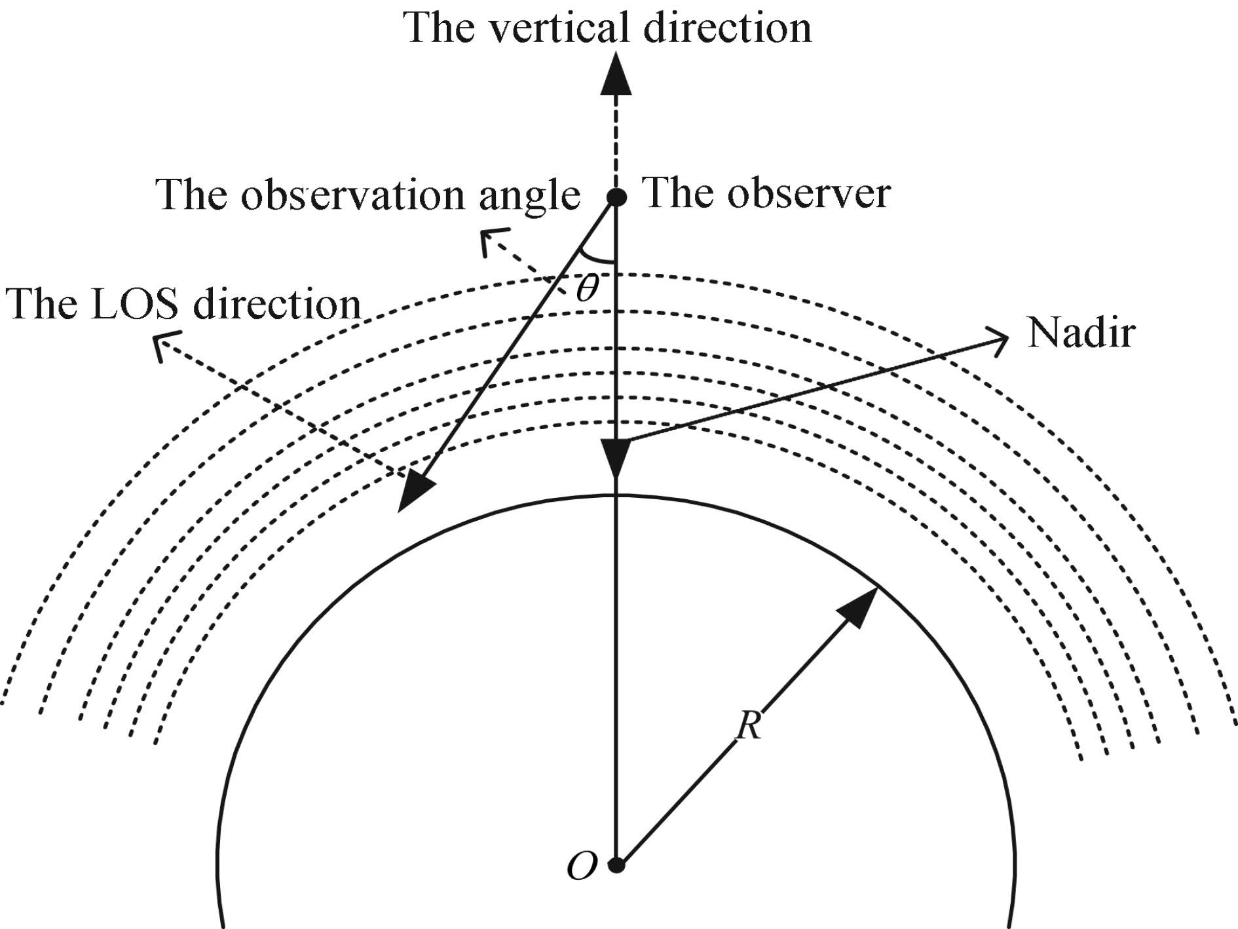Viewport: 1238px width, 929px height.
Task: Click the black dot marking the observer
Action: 616,196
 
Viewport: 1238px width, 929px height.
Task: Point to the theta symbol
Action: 587,288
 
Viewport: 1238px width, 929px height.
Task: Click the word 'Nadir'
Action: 1081,333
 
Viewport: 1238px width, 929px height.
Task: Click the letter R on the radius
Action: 749,725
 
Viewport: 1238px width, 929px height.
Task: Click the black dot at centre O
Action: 616,865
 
